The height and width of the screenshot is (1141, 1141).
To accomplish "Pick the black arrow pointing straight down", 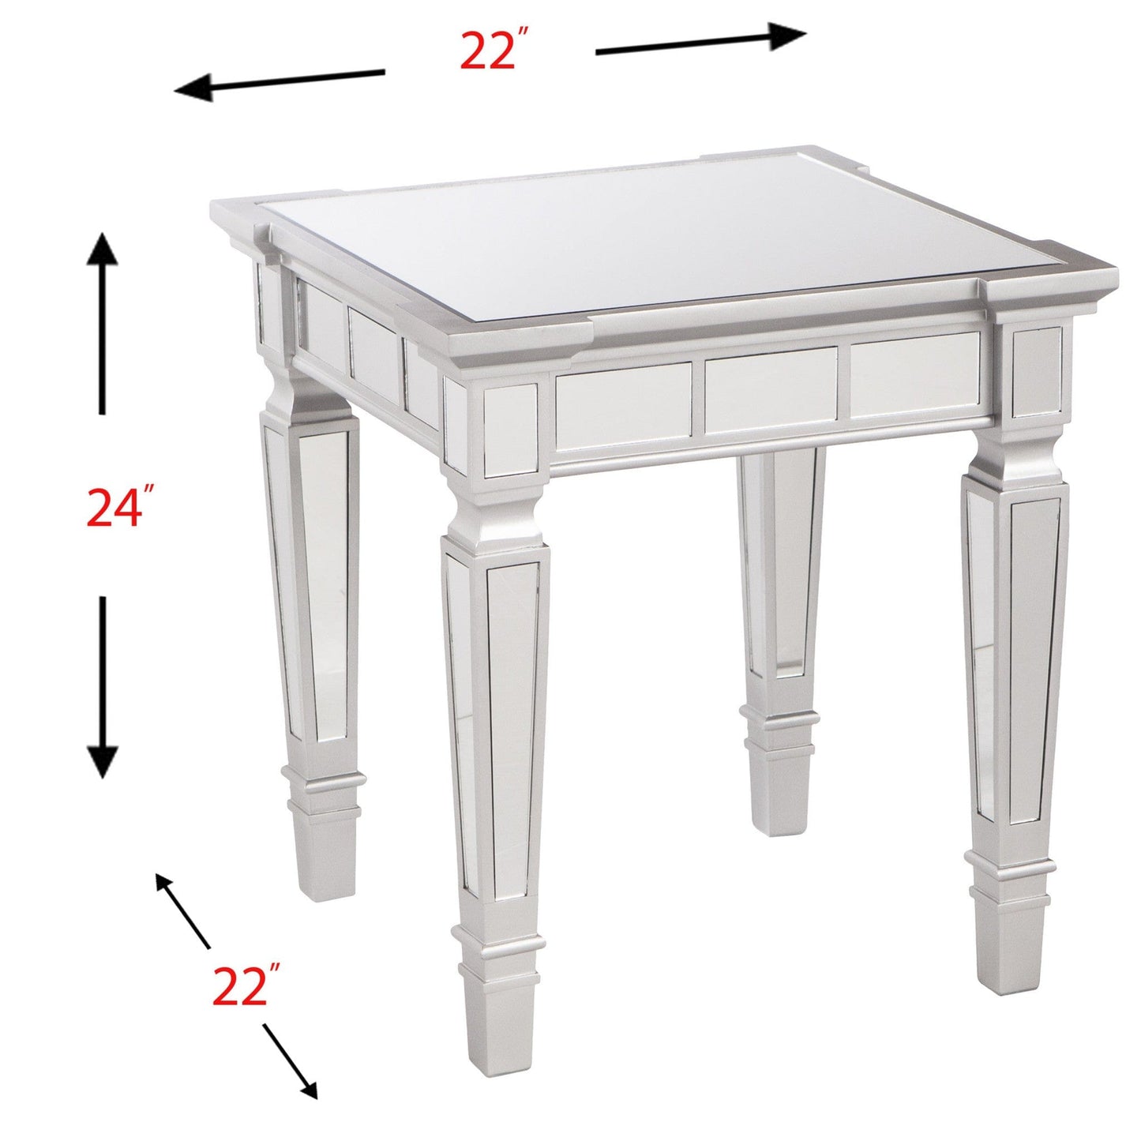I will click(x=102, y=687).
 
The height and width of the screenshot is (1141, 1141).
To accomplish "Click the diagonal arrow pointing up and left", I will click(x=183, y=911).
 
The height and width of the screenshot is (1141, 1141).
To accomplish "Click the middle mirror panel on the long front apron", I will click(x=771, y=389).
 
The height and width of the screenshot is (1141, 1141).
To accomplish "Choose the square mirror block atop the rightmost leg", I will click(x=1036, y=372).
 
